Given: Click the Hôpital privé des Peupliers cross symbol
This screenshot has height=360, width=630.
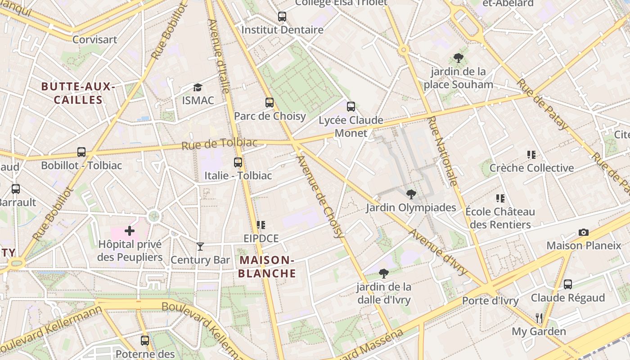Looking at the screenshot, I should (x=130, y=231).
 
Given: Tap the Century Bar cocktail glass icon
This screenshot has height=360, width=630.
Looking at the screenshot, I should (x=200, y=246).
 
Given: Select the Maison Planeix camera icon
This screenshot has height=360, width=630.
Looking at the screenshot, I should (x=584, y=232).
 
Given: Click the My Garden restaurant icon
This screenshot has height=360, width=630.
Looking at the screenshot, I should (x=539, y=318).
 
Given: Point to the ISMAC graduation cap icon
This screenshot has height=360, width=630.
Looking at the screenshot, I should (x=198, y=87).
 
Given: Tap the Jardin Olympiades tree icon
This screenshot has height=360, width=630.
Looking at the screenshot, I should (x=411, y=194).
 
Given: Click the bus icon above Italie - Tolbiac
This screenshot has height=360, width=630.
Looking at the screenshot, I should (x=238, y=162).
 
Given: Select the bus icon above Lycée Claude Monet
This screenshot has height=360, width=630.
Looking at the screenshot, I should (x=351, y=107).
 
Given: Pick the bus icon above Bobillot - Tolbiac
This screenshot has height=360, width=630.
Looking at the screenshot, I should (x=81, y=152).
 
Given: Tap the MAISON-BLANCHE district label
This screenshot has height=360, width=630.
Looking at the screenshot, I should (x=267, y=266).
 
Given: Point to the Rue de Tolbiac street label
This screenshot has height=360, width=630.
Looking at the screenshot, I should (x=220, y=144).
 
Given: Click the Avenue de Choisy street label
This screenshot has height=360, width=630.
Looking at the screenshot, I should (x=321, y=197).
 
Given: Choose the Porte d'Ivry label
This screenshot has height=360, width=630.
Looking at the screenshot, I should (x=490, y=301).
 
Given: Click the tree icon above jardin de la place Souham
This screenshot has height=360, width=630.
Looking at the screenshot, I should (x=459, y=58).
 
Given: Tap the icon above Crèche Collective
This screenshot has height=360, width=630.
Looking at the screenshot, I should (x=531, y=155).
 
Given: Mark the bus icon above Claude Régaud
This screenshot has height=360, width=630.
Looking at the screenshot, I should (x=568, y=284).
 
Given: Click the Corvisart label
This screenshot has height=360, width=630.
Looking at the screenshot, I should (x=95, y=40).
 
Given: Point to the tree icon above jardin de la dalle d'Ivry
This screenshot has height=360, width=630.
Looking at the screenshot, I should (x=384, y=273).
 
